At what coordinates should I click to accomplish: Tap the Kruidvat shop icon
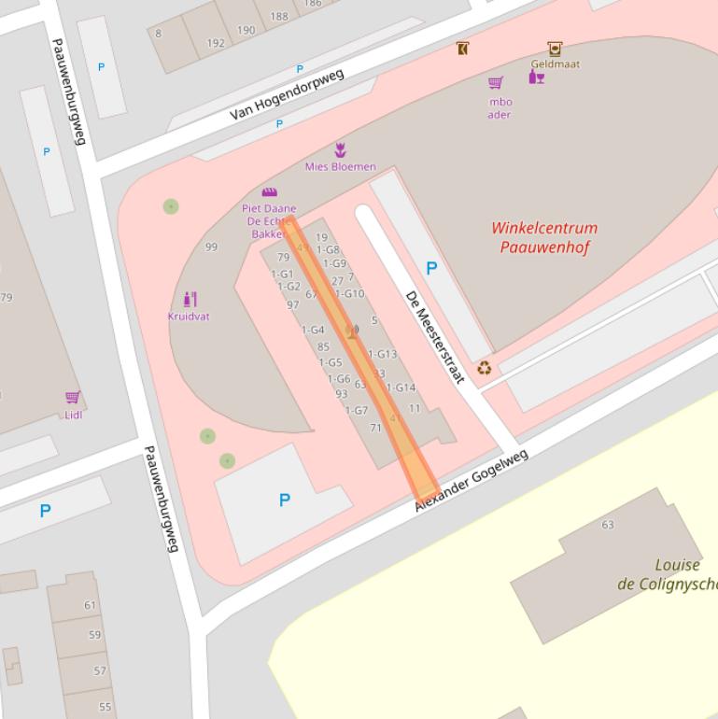point(190,300)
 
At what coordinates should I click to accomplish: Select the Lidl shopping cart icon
point(73,398)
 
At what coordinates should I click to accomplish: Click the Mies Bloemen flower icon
point(340,150)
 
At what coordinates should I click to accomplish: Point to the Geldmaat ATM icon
point(555,49)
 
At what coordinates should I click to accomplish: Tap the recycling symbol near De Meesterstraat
point(484,368)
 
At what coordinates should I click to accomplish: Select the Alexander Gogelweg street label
point(472,480)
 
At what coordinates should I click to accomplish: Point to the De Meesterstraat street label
point(435,336)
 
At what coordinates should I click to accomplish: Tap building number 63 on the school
point(608,525)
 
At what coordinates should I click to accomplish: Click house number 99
point(211,247)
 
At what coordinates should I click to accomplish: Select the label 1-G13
point(383,355)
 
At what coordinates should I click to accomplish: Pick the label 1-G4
point(313,331)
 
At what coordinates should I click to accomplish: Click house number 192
point(216,43)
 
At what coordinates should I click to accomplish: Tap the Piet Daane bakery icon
point(270,192)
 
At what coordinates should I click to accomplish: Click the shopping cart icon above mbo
point(496,83)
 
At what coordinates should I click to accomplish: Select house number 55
point(105,707)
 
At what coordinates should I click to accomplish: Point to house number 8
point(159,34)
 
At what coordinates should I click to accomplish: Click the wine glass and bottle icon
point(537,77)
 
